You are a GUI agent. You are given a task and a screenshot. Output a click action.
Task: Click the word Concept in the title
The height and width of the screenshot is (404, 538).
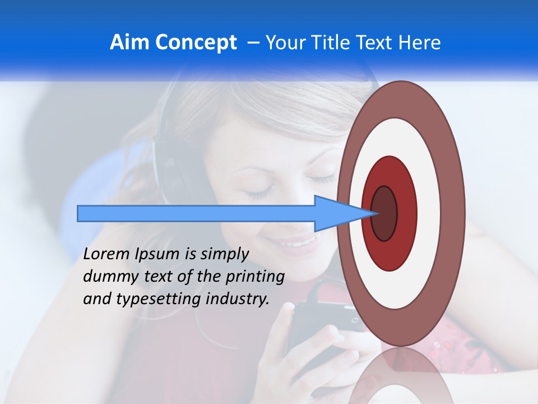click(196, 43)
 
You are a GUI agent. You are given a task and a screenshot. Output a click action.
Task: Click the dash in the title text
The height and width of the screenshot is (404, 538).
click(253, 43)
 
